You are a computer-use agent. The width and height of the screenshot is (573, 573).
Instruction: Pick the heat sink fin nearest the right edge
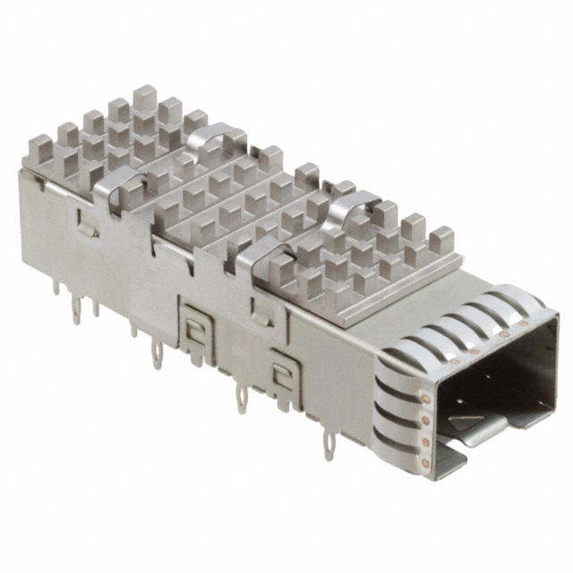tap(440, 241)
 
